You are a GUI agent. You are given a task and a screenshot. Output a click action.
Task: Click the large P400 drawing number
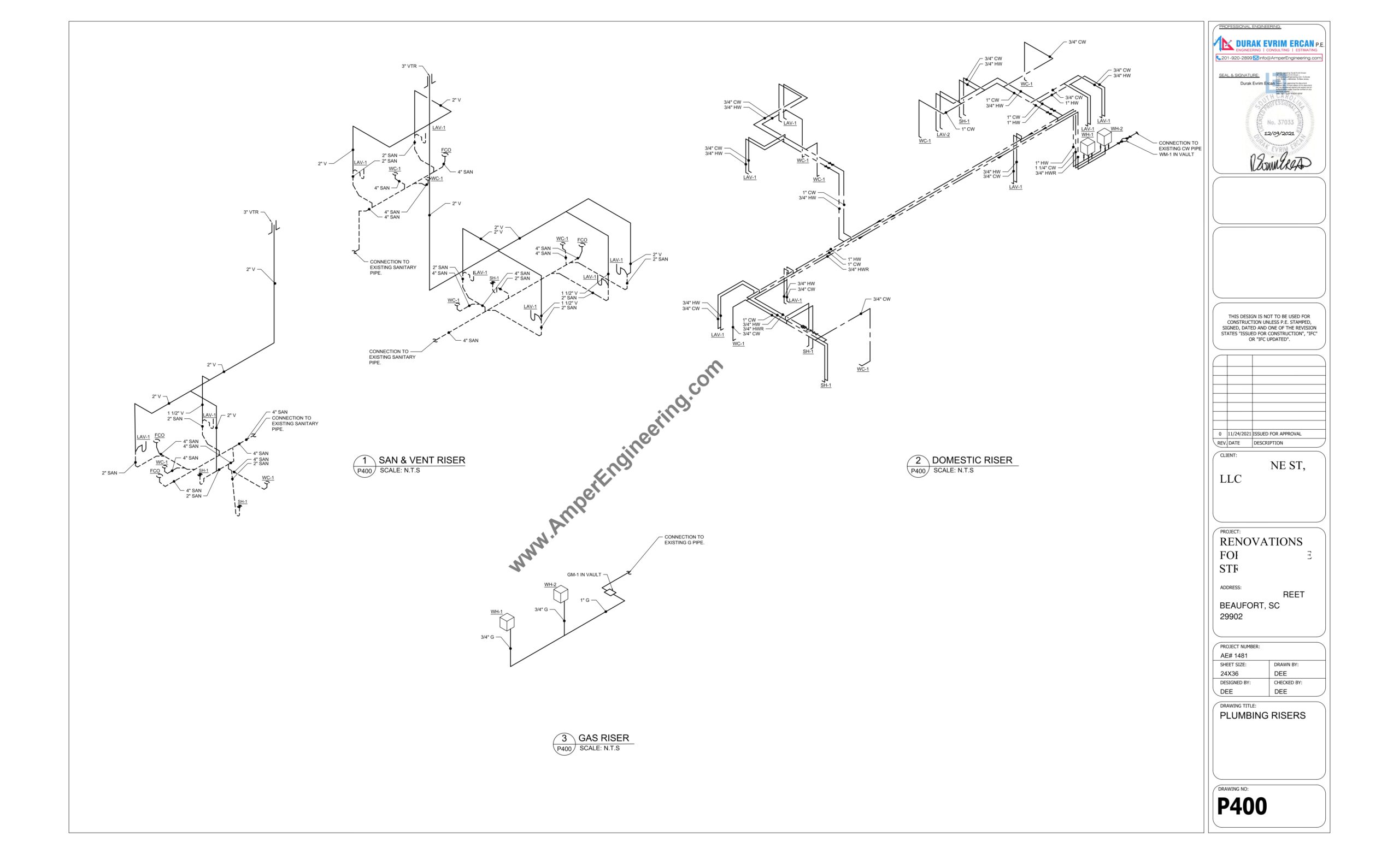point(1242,806)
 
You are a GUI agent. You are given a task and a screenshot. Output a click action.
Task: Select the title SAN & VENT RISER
point(421,460)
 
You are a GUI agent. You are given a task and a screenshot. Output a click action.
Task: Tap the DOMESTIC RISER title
point(972,460)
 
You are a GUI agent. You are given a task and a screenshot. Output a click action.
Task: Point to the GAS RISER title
point(603,738)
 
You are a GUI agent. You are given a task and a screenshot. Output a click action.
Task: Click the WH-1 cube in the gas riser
point(507,622)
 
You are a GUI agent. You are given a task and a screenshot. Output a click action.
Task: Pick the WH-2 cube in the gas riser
point(560,594)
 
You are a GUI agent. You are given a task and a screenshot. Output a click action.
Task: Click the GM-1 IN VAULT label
point(584,575)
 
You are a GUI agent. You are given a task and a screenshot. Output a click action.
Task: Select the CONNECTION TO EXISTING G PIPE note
point(684,539)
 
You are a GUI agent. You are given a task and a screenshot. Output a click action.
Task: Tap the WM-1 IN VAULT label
point(1176,155)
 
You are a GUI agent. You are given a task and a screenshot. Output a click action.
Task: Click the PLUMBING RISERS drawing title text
point(1262,715)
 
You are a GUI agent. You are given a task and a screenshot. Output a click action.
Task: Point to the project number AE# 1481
point(1234,655)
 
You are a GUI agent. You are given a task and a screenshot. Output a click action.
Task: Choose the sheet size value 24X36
point(1229,674)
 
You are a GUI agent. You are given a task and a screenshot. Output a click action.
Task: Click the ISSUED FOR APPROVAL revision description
point(1277,434)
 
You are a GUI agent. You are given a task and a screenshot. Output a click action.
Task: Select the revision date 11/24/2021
point(1239,434)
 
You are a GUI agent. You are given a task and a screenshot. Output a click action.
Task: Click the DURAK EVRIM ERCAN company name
point(1274,44)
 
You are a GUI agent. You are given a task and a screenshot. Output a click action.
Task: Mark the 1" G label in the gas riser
point(585,600)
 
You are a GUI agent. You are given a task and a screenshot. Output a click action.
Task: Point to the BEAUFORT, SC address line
point(1249,606)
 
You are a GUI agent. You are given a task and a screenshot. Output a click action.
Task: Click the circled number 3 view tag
point(564,738)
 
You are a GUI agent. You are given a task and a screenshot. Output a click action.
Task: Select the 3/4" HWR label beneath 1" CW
point(858,270)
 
